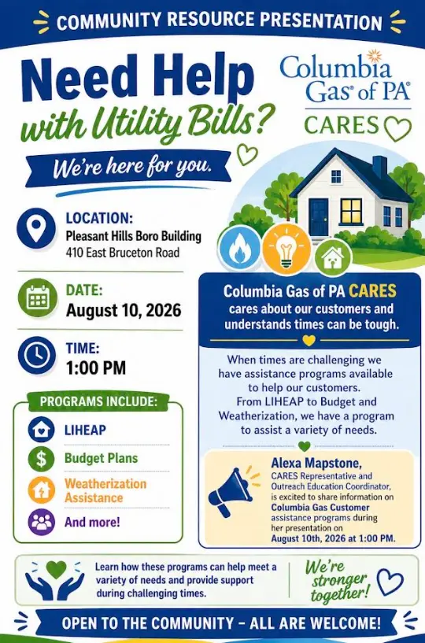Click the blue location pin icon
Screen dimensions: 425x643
tap(36, 228)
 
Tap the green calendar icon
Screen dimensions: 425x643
tap(37, 298)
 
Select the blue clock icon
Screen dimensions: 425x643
tap(37, 356)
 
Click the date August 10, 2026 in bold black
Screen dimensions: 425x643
tap(124, 310)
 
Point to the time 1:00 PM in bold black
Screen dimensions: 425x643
tap(96, 368)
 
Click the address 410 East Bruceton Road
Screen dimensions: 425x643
tap(123, 252)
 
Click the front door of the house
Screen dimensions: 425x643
tap(318, 217)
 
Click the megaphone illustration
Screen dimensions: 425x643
tap(231, 491)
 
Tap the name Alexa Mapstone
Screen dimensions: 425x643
tap(316, 464)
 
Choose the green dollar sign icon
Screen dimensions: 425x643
tap(41, 458)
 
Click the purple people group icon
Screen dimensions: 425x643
tap(42, 522)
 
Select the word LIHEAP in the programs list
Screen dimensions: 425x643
tap(85, 430)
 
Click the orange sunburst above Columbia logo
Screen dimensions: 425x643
tap(374, 57)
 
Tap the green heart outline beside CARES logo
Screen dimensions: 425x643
tap(397, 128)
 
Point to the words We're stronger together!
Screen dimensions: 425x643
tap(337, 580)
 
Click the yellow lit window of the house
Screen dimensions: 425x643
tap(351, 211)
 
